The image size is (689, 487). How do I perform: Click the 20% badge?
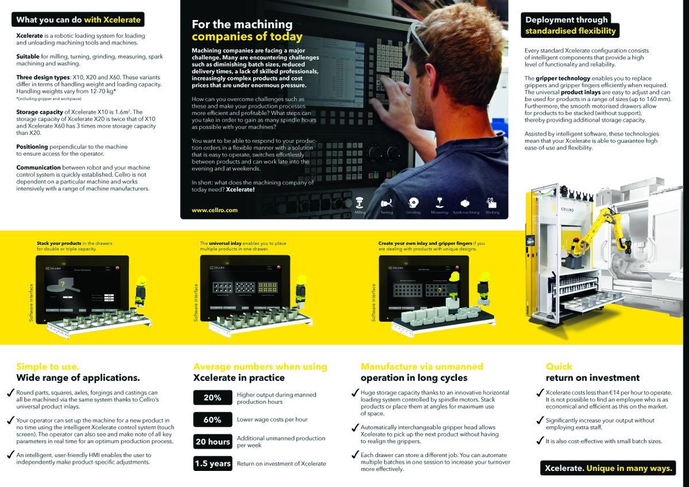click(212, 398)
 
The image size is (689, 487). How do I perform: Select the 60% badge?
click(212, 420)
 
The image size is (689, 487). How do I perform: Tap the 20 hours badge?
click(212, 442)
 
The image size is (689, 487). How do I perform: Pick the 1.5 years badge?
click(212, 463)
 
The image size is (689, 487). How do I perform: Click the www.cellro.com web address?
click(215, 211)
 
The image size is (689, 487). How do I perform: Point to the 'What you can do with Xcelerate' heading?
click(78, 20)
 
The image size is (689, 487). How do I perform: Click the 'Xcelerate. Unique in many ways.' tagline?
click(607, 469)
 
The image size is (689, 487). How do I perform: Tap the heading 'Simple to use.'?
click(48, 367)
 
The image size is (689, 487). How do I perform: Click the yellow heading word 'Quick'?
click(559, 367)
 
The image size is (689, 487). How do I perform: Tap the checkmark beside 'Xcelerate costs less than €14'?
click(540, 393)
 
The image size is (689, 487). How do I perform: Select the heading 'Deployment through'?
click(566, 20)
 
